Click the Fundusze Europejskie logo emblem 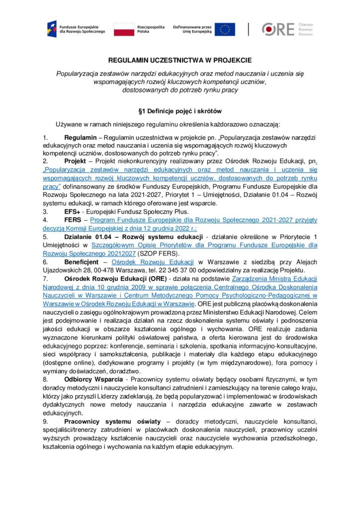point(52,28)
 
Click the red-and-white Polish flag point(124,29)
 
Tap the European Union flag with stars point(225,29)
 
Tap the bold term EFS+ point(73,211)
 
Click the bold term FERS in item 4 point(73,220)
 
